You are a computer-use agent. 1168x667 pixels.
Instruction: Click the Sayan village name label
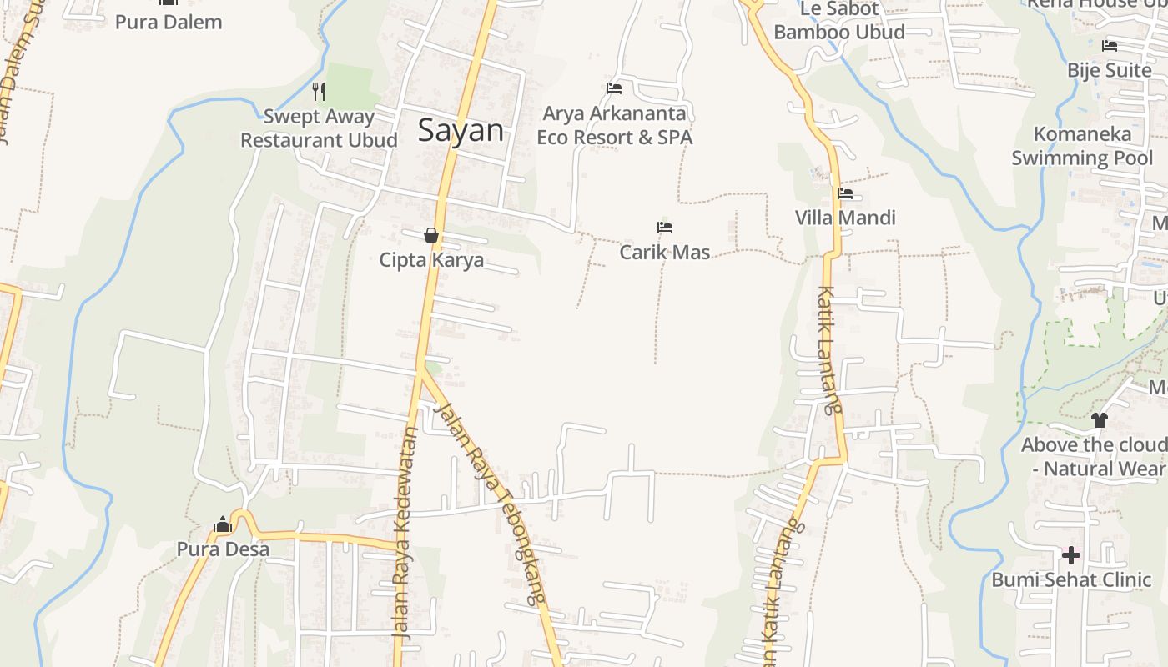(x=461, y=130)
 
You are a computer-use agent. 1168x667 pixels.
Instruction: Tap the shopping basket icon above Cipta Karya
(x=431, y=236)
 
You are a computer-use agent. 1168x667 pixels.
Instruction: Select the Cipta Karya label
(x=431, y=260)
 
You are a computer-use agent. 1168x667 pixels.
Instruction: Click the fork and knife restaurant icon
(x=318, y=91)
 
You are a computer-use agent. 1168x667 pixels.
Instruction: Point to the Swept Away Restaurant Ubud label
(x=319, y=128)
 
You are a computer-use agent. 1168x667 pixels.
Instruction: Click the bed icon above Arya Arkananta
(x=614, y=88)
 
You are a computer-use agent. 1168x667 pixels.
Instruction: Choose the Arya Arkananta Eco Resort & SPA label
(x=615, y=125)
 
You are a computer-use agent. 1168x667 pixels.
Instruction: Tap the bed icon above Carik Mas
(x=665, y=228)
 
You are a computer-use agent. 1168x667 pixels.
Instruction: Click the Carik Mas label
(x=665, y=252)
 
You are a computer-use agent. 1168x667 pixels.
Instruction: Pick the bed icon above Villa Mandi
(x=845, y=194)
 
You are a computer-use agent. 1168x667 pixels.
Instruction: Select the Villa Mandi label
(x=845, y=218)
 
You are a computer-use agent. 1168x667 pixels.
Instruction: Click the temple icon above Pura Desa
(x=223, y=524)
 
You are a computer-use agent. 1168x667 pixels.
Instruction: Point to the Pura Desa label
(x=223, y=549)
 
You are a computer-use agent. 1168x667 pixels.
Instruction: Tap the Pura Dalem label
(x=169, y=22)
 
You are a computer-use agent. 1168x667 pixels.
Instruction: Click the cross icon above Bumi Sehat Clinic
(x=1071, y=554)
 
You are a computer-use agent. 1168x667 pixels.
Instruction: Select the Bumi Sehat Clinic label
(x=1071, y=579)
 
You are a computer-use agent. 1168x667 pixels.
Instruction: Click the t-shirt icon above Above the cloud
(x=1099, y=419)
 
